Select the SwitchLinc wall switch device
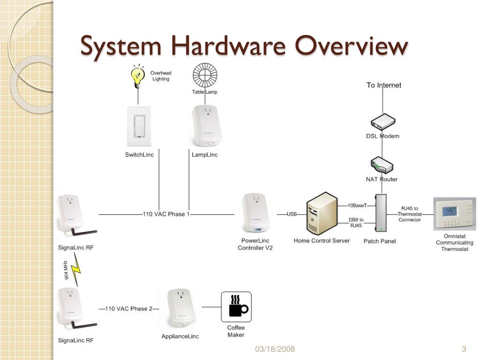[139, 127]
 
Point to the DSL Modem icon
[382, 122]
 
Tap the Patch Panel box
[381, 213]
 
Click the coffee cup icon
[236, 307]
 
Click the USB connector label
[292, 214]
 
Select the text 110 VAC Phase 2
[128, 309]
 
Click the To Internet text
[383, 85]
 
